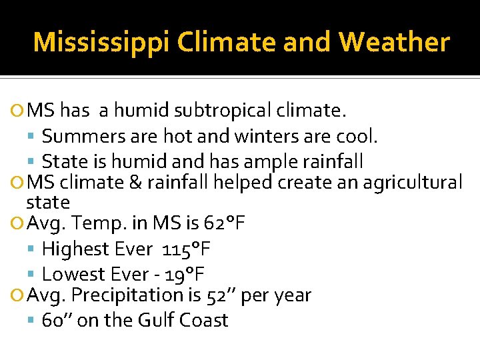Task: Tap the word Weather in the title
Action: coord(394,43)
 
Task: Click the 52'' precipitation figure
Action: coord(221,295)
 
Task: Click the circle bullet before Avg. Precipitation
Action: coord(18,295)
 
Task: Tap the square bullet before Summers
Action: coord(33,137)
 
